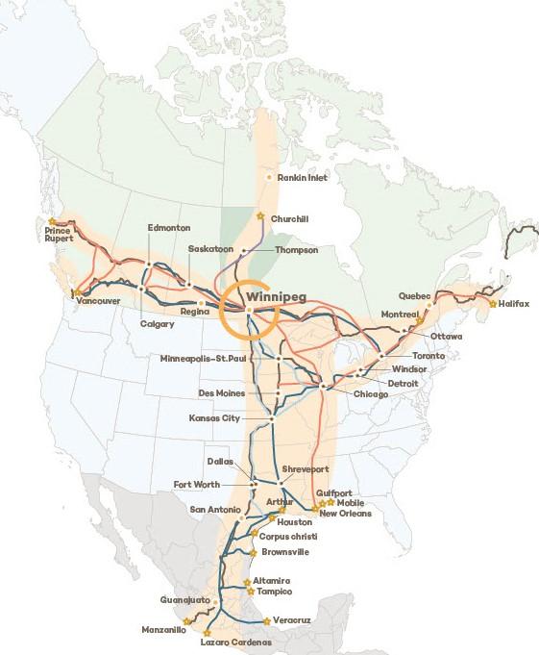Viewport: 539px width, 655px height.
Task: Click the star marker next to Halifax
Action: coord(493,304)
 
